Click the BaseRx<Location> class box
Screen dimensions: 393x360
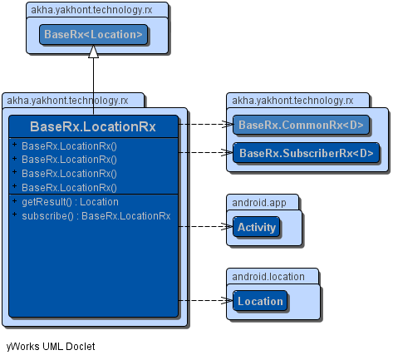93,35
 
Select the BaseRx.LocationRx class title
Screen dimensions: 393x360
93,126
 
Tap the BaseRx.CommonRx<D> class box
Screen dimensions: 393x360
301,125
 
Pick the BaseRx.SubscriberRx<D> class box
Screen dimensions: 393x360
306,153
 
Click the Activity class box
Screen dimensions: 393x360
257,227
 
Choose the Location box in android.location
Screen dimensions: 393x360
260,301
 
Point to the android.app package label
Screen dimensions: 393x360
259,203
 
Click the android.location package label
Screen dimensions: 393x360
268,277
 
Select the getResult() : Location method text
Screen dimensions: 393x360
70,202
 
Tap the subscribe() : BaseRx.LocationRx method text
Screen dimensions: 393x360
96,216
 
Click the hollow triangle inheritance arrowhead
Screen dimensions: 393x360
93,52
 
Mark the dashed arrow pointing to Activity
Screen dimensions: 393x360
205,227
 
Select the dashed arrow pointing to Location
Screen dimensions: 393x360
205,300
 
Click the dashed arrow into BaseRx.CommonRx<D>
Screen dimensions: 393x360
205,124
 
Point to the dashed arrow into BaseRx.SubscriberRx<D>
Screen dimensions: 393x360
205,152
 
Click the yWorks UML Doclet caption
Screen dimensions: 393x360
51,347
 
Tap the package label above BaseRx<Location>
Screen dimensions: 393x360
91,10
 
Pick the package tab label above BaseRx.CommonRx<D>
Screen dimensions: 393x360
292,101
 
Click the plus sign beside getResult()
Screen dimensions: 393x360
14,200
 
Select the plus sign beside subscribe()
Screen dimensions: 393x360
14,215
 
